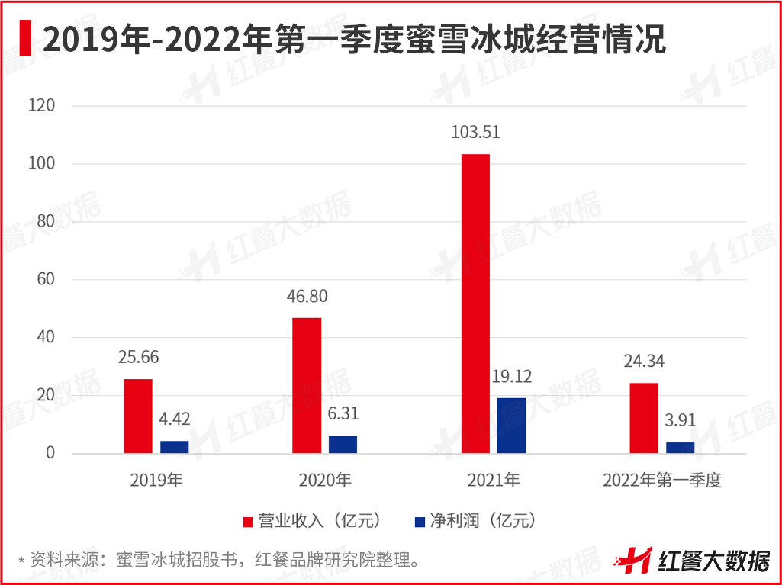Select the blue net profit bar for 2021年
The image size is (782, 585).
tap(511, 426)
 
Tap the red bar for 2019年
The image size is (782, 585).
tap(138, 416)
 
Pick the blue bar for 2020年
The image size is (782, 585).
tap(343, 445)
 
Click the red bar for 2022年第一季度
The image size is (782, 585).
tap(644, 418)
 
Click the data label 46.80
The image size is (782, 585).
tap(307, 297)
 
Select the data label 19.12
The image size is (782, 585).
tap(512, 377)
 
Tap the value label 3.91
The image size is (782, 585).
tap(680, 421)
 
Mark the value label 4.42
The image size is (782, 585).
tap(175, 419)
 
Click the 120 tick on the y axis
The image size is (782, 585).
tap(41, 106)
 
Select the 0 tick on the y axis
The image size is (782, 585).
tap(50, 453)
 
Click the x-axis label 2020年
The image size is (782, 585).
tap(324, 481)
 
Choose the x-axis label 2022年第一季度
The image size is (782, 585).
tap(661, 481)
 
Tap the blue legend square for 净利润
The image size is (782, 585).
tap(420, 522)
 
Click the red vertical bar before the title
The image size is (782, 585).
tap(27, 38)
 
